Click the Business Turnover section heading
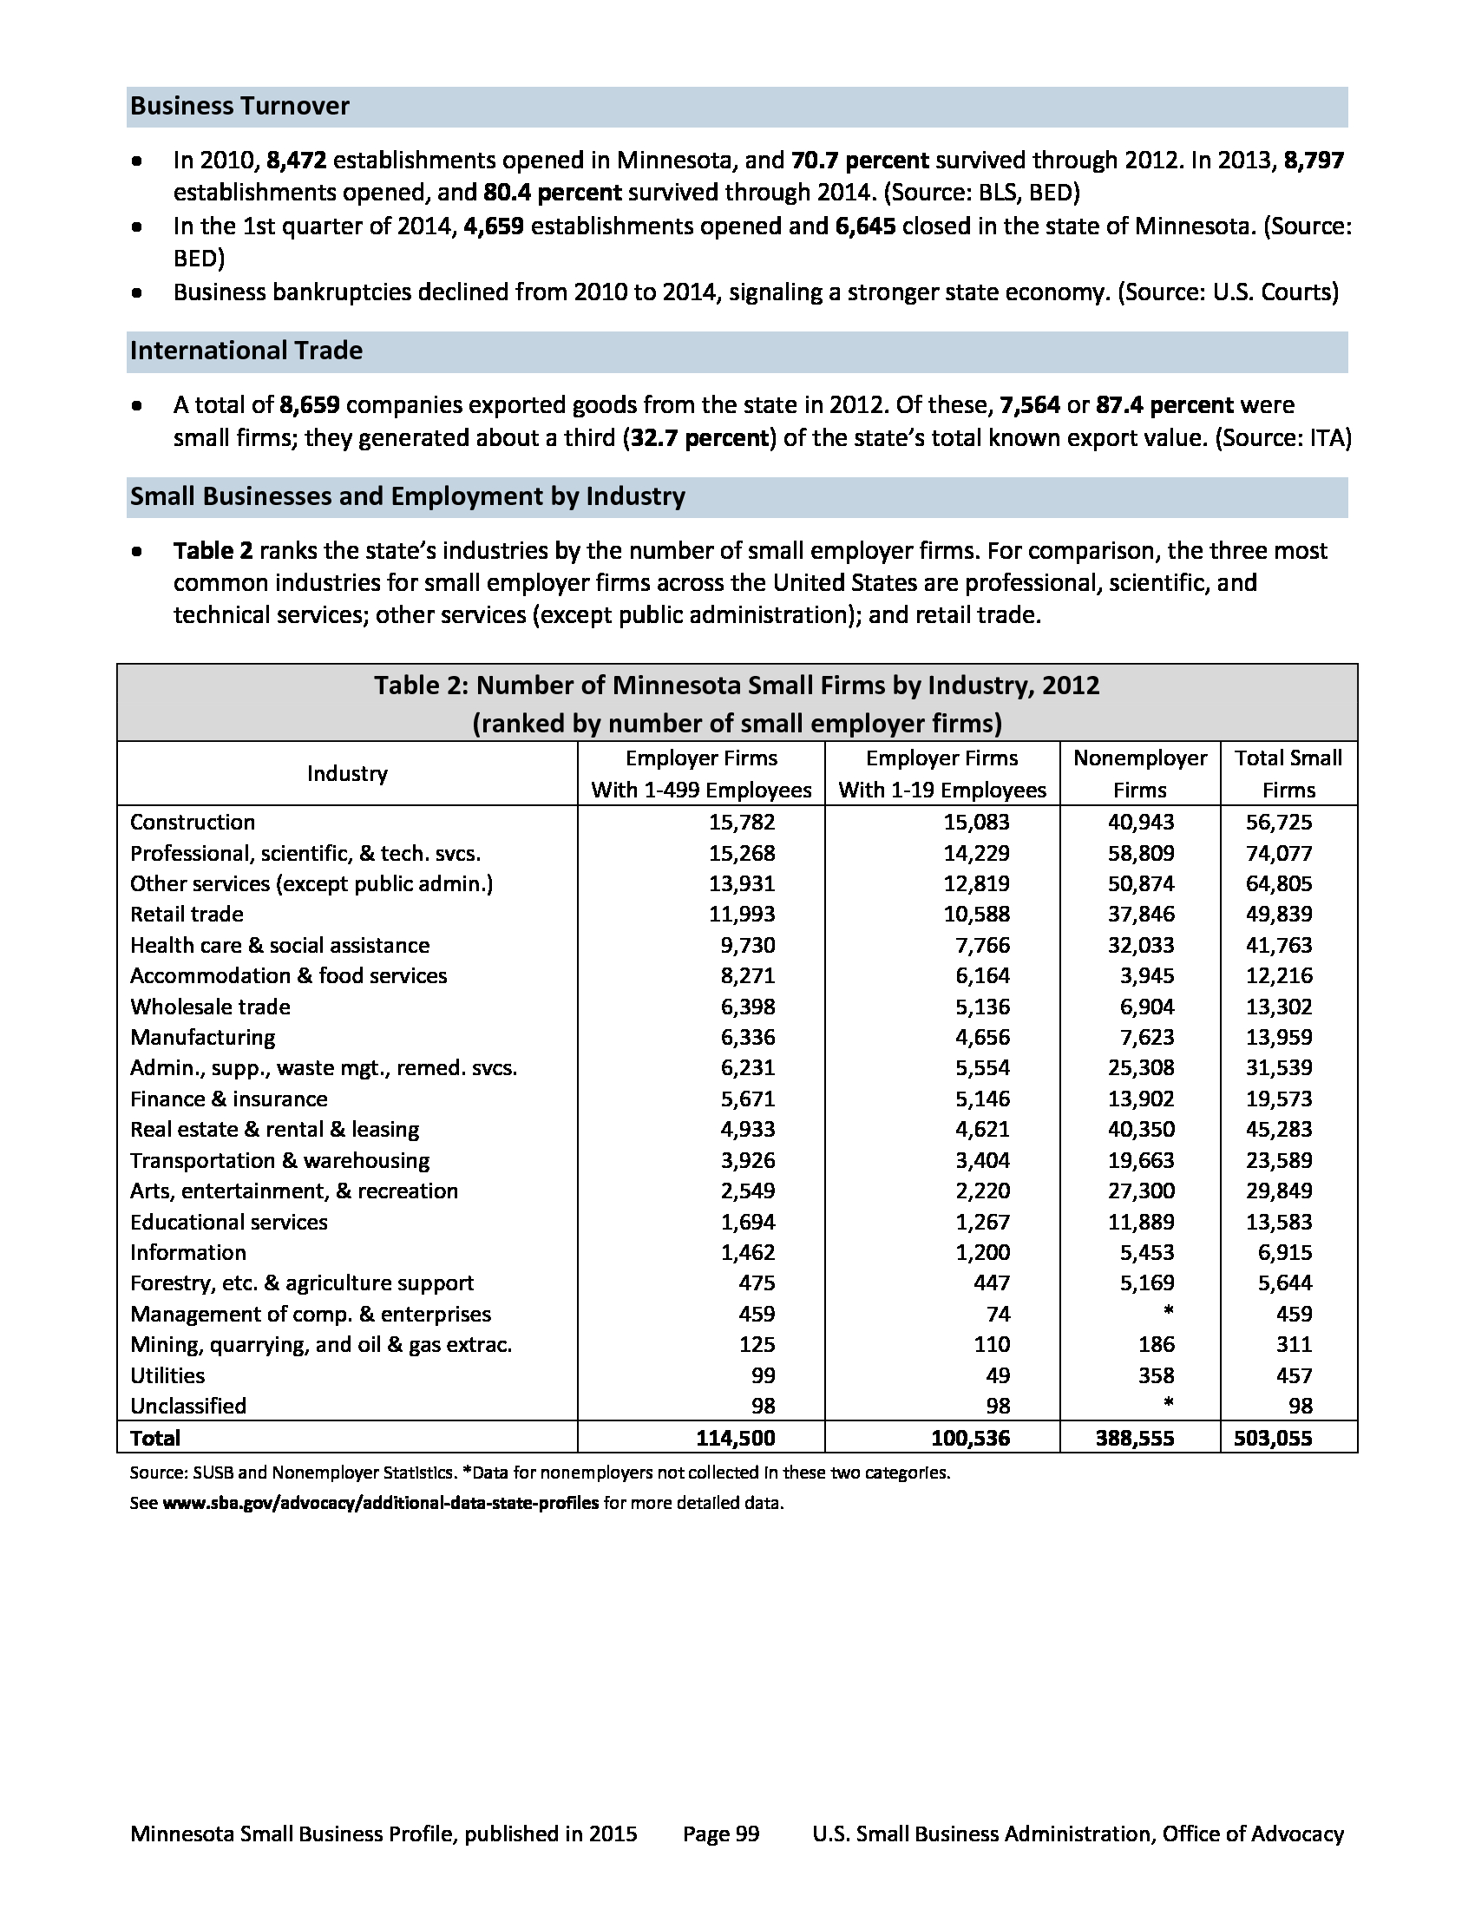pyautogui.click(x=239, y=107)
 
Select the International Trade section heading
pyautogui.click(x=246, y=351)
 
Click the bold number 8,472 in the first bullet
pyautogui.click(x=296, y=161)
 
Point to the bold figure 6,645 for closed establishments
pyautogui.click(x=865, y=226)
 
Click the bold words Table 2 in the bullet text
pyautogui.click(x=213, y=551)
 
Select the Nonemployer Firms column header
pyautogui.click(x=1139, y=773)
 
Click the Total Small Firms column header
pyautogui.click(x=1288, y=773)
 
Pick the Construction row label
pyautogui.click(x=193, y=822)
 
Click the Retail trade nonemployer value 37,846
pyautogui.click(x=1141, y=915)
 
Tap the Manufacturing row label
pyautogui.click(x=203, y=1038)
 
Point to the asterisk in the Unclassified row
pyautogui.click(x=1169, y=1405)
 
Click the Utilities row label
pyautogui.click(x=167, y=1376)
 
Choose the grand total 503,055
pyautogui.click(x=1272, y=1438)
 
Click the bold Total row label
pyautogui.click(x=154, y=1438)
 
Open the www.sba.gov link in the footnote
pyautogui.click(x=380, y=1504)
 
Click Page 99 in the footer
pyautogui.click(x=721, y=1834)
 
